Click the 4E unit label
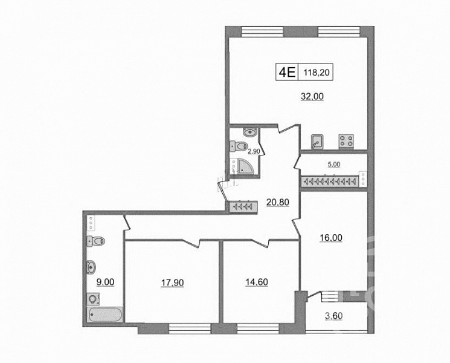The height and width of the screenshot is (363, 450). pyautogui.click(x=288, y=72)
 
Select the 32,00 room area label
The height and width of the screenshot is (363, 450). pyautogui.click(x=312, y=96)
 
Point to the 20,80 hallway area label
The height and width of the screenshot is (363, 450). pyautogui.click(x=277, y=202)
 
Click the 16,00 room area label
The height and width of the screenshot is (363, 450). pyautogui.click(x=331, y=238)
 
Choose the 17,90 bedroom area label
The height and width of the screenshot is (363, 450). pyautogui.click(x=172, y=283)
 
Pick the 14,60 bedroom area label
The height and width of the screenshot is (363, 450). pyautogui.click(x=257, y=283)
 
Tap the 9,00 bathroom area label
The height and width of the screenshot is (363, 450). pyautogui.click(x=105, y=283)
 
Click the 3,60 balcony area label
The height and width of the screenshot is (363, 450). pyautogui.click(x=334, y=316)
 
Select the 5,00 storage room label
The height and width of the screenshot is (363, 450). pyautogui.click(x=334, y=165)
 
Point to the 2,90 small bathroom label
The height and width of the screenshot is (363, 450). pyautogui.click(x=254, y=151)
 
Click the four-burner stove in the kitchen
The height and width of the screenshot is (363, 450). pyautogui.click(x=346, y=142)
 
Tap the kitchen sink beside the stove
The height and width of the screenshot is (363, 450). pyautogui.click(x=317, y=142)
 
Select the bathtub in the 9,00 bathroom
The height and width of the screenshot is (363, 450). pyautogui.click(x=105, y=315)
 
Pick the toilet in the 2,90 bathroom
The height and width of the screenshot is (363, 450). pyautogui.click(x=239, y=146)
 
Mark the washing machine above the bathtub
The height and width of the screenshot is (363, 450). pyautogui.click(x=93, y=299)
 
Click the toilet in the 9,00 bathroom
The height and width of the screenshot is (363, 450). pyautogui.click(x=96, y=241)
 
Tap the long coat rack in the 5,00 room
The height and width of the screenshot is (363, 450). pyautogui.click(x=329, y=181)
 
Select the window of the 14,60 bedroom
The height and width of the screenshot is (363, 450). pyautogui.click(x=258, y=329)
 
